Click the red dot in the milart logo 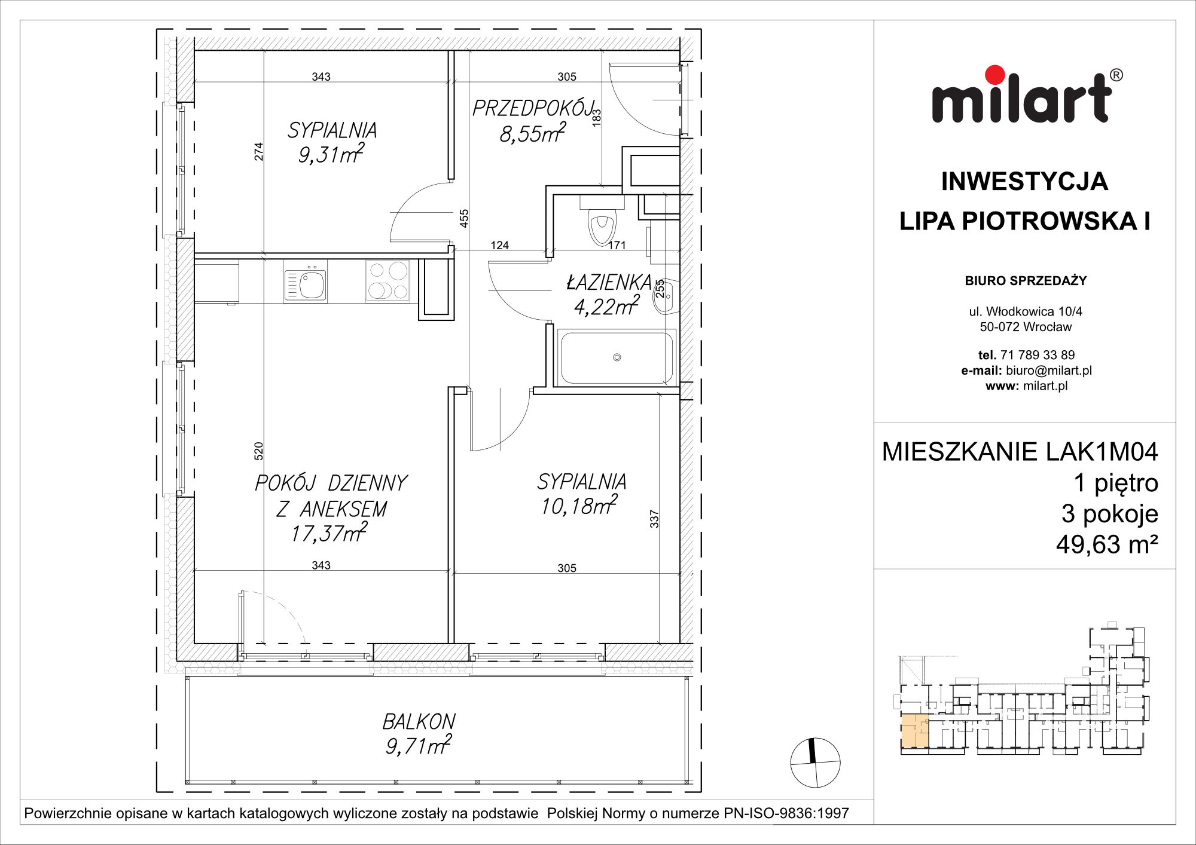(995, 75)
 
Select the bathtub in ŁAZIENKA (616, 357)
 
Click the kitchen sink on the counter (306, 283)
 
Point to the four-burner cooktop (388, 280)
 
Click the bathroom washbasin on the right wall (666, 296)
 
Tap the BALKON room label (419, 722)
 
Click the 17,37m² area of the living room (329, 532)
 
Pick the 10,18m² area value (579, 506)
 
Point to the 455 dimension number (464, 218)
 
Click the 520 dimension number (258, 451)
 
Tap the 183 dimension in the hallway (596, 117)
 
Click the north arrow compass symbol (815, 763)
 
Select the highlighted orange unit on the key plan (915, 731)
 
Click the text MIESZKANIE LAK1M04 (1020, 452)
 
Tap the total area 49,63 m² (1107, 544)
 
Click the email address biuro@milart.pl (1049, 371)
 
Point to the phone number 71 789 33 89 (1038, 355)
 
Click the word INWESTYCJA (1024, 182)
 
